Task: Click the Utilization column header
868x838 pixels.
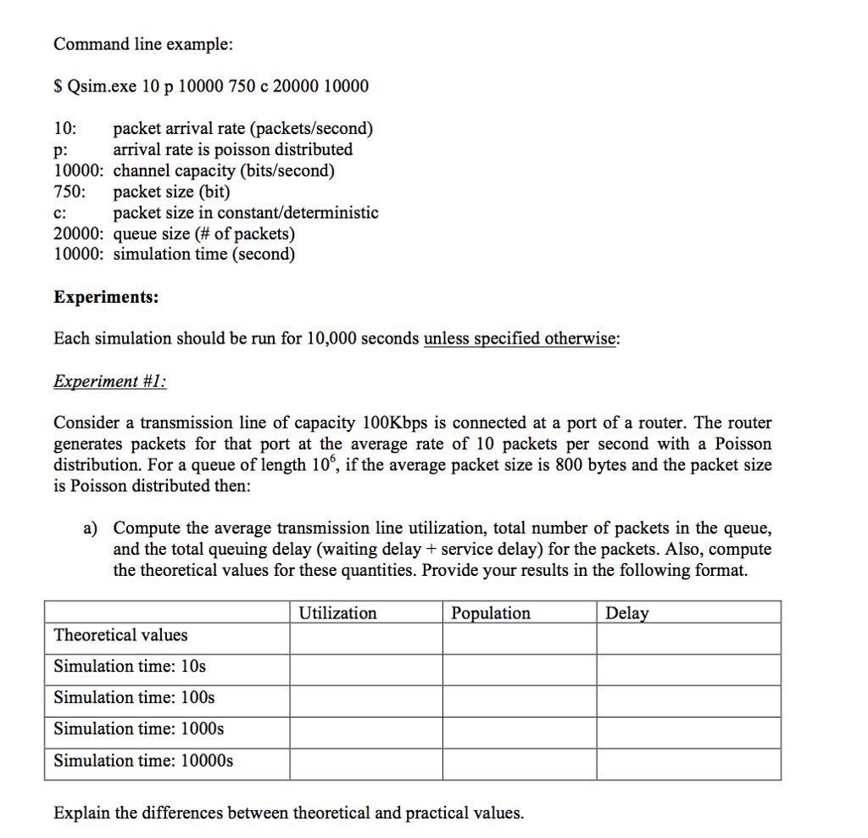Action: (x=337, y=613)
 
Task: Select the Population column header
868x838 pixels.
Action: (x=491, y=613)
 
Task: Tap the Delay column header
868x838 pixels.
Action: (x=627, y=613)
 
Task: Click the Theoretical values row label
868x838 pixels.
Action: (x=120, y=635)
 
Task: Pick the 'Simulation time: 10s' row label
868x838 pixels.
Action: (x=130, y=667)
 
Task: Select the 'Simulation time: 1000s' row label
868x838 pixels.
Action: (x=139, y=729)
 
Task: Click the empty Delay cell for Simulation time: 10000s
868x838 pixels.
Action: (x=688, y=761)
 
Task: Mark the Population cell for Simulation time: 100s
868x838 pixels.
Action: (x=519, y=698)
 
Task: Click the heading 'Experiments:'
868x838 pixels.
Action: (x=106, y=298)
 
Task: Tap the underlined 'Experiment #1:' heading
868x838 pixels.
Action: (x=110, y=381)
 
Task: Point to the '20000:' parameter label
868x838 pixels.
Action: (x=79, y=233)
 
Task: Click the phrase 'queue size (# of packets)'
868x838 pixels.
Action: (x=204, y=233)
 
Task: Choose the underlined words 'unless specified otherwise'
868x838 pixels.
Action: (x=520, y=339)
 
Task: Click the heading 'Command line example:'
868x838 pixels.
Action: (x=143, y=45)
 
